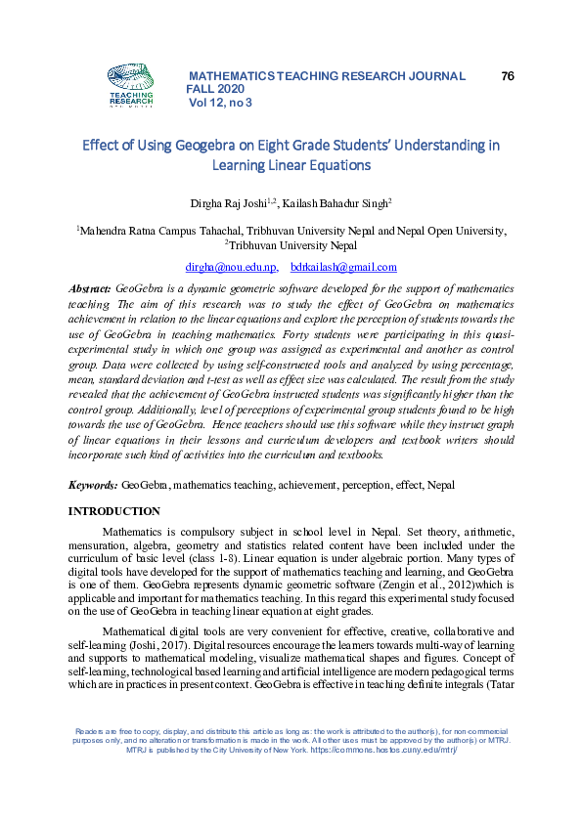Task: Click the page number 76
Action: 507,75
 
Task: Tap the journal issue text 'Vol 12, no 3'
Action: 220,102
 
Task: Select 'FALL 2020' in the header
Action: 215,89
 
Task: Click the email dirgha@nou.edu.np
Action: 231,267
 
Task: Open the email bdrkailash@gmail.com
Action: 343,267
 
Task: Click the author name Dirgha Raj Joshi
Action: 234,203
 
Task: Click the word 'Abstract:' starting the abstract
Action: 89,290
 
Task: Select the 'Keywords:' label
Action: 93,485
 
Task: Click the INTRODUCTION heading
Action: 113,511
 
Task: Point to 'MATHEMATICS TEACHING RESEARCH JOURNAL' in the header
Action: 326,75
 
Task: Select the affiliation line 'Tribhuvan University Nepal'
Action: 292,246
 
